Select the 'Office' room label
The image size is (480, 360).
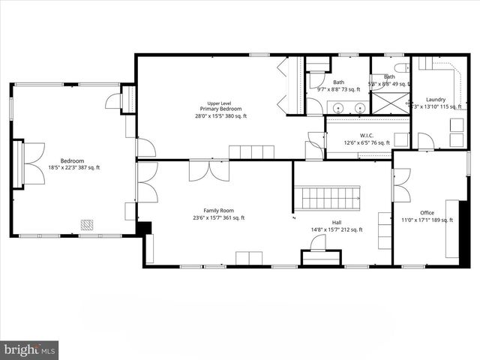point(427,213)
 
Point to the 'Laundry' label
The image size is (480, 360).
point(435,99)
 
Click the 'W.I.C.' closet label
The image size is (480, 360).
point(354,136)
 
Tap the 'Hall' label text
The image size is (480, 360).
point(337,223)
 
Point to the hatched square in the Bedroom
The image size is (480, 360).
point(88,223)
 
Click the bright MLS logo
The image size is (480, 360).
point(30,349)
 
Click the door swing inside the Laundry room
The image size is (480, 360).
point(425,140)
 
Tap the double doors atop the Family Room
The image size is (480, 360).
point(208,170)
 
